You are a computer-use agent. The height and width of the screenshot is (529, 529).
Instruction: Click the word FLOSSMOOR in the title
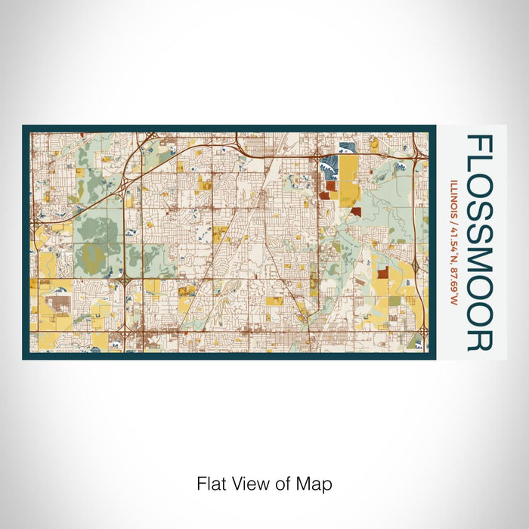click(x=480, y=242)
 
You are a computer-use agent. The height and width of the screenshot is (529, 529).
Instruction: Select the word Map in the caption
click(x=318, y=484)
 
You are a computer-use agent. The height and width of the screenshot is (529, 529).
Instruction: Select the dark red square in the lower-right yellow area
click(x=382, y=273)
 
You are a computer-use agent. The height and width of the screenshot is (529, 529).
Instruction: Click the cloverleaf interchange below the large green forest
click(x=123, y=281)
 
